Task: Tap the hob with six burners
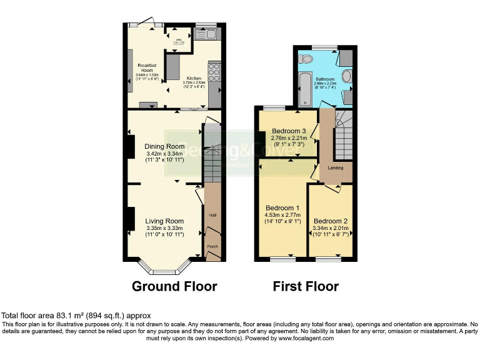click(x=214, y=74)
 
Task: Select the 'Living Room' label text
click(x=164, y=221)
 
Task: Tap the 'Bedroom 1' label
click(x=282, y=208)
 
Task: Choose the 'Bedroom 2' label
click(x=331, y=221)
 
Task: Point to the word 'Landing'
click(x=336, y=167)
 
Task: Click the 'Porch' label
click(x=212, y=246)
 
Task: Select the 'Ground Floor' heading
click(x=174, y=286)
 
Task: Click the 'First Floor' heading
click(x=306, y=286)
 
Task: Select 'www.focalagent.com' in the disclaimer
click(x=303, y=338)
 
